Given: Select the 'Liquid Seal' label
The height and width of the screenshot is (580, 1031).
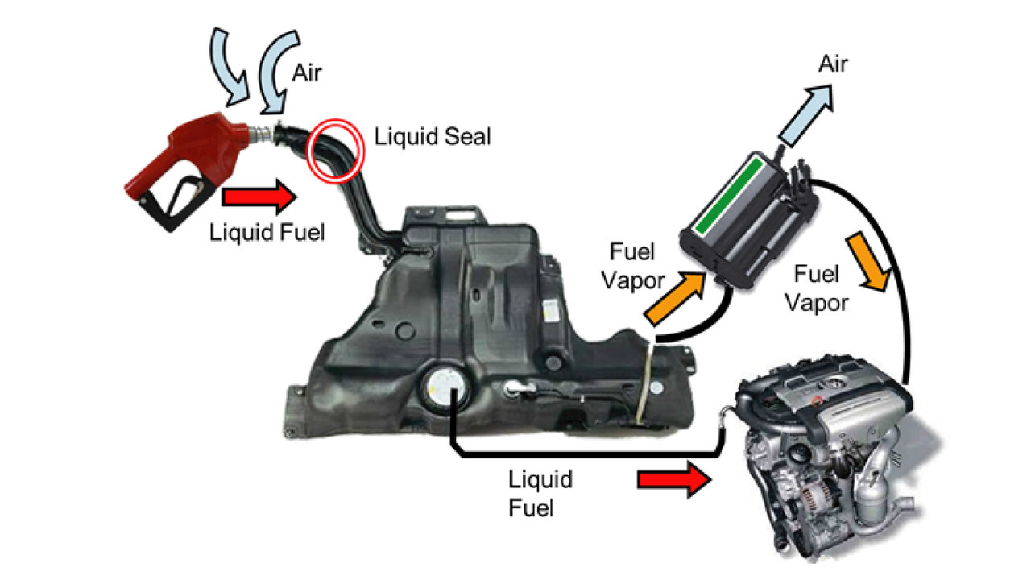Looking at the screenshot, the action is coord(433,137).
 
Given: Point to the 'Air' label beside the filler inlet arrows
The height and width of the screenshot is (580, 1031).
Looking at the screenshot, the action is coord(307,73).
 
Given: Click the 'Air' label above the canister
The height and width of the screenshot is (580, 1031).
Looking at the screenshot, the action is coord(833,64).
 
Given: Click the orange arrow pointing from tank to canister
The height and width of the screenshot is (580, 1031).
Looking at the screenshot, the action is coord(675,298).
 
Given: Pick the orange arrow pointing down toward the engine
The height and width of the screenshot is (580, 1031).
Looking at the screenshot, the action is coord(868,262).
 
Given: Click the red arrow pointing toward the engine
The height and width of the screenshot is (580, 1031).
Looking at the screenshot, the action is coord(674,480).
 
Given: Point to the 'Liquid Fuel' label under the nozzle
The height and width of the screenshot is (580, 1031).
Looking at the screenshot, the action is coord(267,233).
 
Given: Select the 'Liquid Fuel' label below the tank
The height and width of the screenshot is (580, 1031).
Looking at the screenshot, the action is coord(540,494).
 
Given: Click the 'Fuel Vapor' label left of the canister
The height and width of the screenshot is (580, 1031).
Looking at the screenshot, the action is coord(633,266).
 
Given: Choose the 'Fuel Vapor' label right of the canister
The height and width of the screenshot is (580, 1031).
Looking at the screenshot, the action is coord(817,288).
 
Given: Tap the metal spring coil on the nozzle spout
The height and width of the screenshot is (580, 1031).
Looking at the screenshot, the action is coord(261,135).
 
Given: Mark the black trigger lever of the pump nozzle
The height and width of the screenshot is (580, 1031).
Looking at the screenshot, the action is coord(180,202).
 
